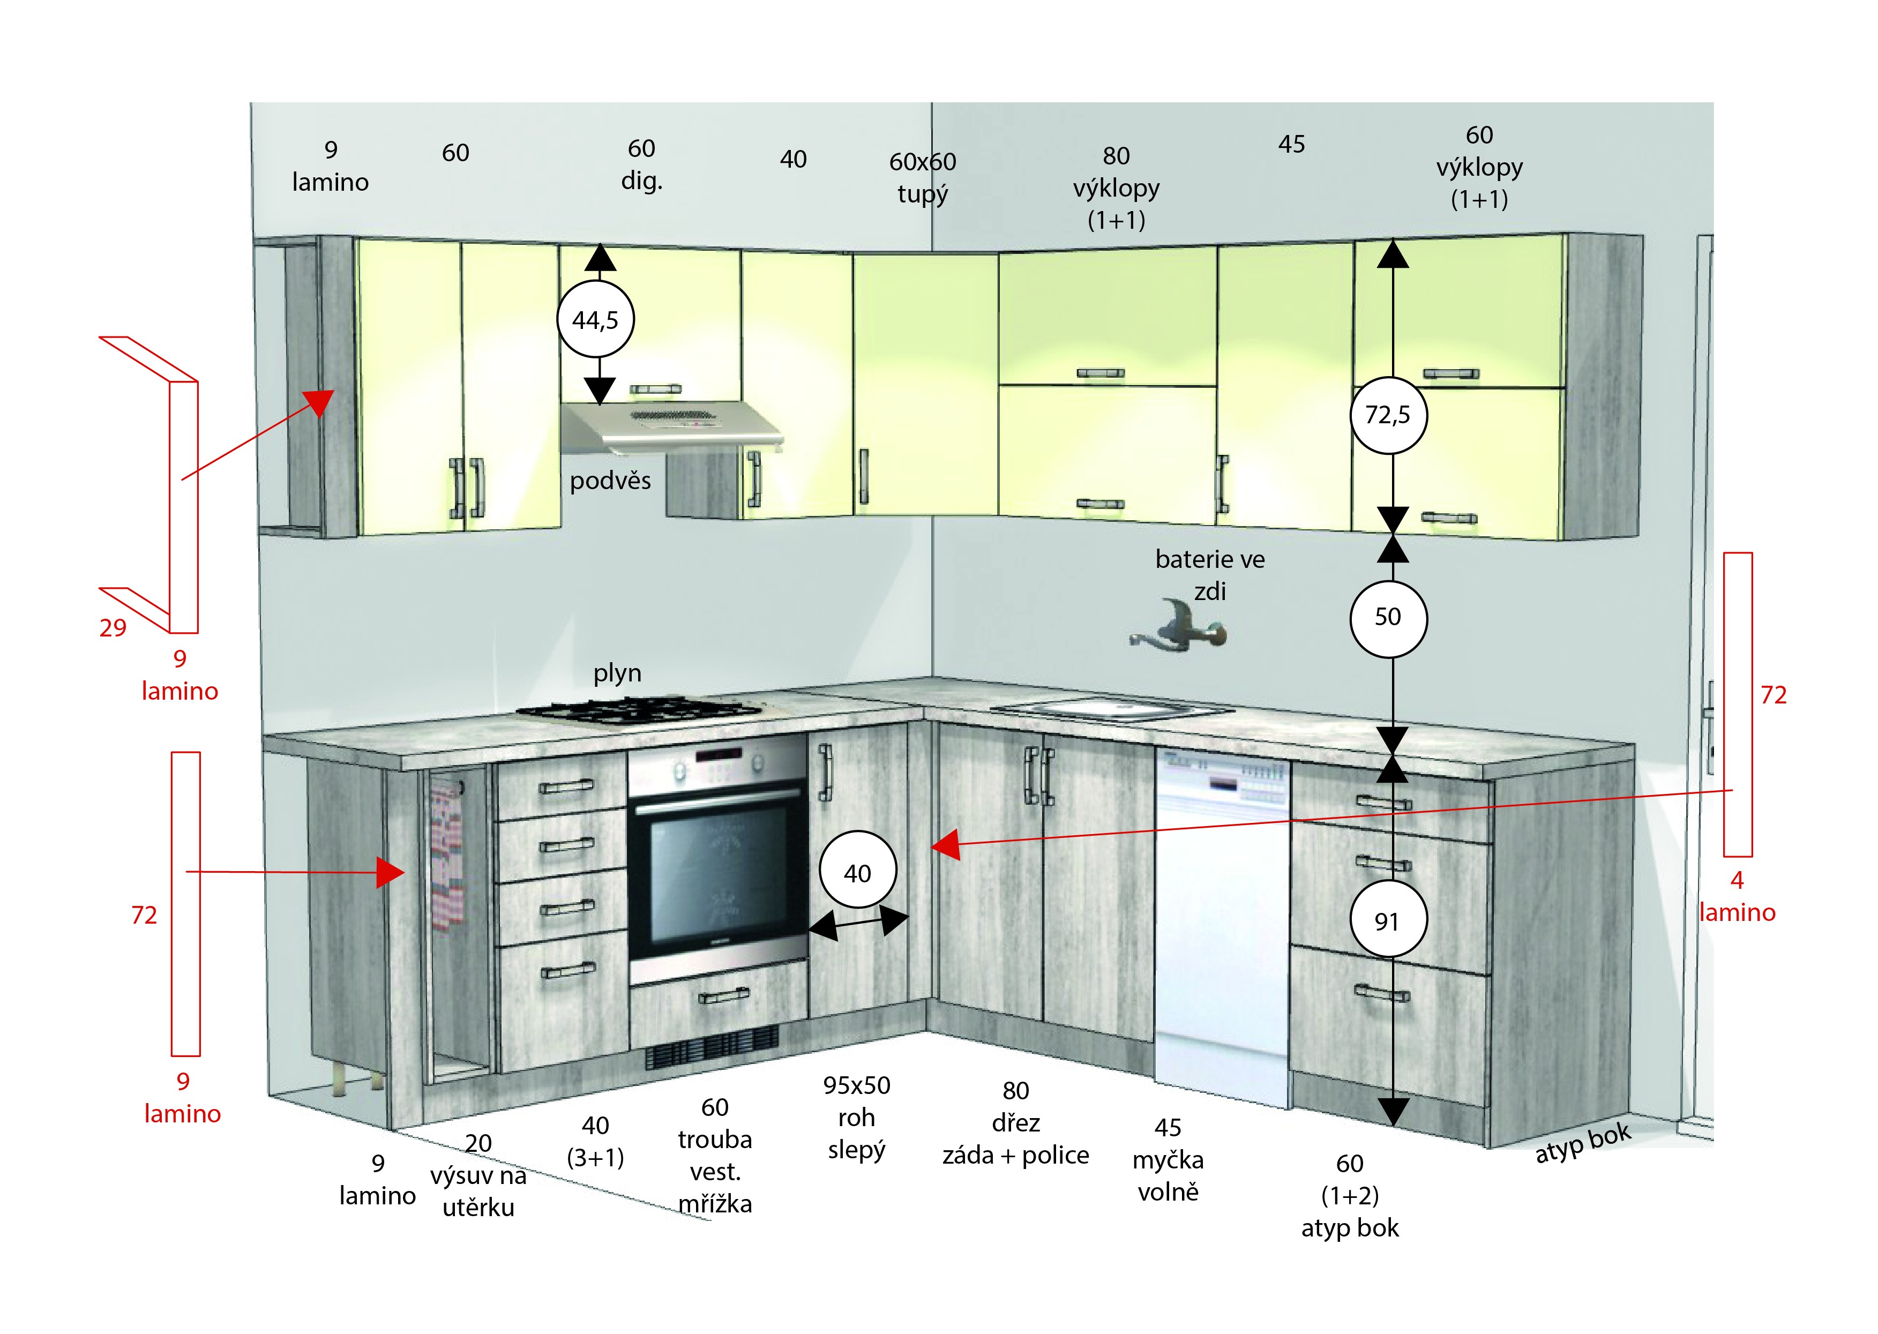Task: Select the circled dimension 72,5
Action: (x=1388, y=415)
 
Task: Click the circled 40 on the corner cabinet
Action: (x=858, y=873)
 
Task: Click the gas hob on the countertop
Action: (x=639, y=710)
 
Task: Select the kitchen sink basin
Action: (x=1114, y=708)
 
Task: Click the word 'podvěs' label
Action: (x=610, y=481)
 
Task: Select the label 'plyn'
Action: (x=617, y=673)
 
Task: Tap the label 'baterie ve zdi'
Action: (x=1209, y=575)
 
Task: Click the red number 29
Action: (x=113, y=628)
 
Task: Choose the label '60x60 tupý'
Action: (x=923, y=177)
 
